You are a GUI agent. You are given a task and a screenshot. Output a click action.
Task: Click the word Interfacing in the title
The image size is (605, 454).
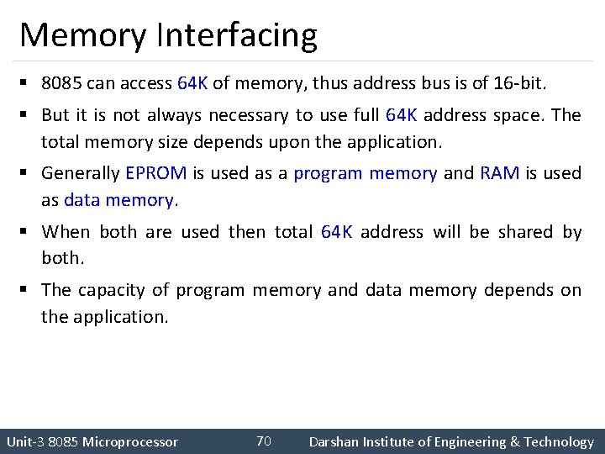237,36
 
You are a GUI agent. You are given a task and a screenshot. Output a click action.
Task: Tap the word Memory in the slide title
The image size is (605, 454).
82,36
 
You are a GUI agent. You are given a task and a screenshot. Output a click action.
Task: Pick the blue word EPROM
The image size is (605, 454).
156,174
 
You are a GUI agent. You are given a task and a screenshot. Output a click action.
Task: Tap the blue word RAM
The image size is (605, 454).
499,174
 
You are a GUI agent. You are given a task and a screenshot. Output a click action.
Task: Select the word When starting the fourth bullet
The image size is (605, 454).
66,232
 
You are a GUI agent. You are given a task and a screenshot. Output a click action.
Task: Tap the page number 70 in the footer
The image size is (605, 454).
263,441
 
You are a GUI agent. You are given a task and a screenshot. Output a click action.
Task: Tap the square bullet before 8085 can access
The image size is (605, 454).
26,84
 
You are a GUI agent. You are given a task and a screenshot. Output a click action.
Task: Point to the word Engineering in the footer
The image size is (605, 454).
466,442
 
